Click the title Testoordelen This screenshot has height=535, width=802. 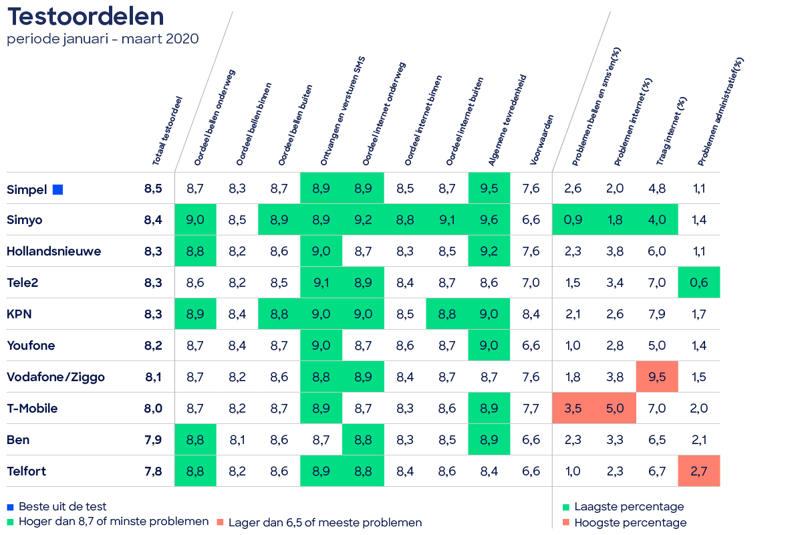pos(85,16)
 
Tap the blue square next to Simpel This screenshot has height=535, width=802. pos(57,189)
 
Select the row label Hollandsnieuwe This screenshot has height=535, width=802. pos(54,251)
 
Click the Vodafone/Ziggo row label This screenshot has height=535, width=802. pos(55,377)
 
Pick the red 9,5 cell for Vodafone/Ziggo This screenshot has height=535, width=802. pos(657,377)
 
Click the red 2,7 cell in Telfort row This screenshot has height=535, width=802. pos(699,471)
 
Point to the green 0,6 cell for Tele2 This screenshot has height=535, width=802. pos(699,283)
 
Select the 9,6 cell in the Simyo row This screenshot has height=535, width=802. pos(489,220)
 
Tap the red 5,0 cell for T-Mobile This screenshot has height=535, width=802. pos(615,409)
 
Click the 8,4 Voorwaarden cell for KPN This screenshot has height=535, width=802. pos(531,314)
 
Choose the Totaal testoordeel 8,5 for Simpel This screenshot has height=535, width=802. pos(153,189)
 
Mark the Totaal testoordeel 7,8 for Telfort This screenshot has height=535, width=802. pos(153,471)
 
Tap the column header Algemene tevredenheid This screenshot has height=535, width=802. pos(508,120)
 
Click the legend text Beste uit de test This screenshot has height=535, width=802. pos(62,507)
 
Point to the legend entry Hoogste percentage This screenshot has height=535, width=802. pos(630,523)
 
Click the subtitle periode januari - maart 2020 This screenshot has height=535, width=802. pos(102,39)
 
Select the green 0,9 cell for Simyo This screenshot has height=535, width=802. pos(573,220)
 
